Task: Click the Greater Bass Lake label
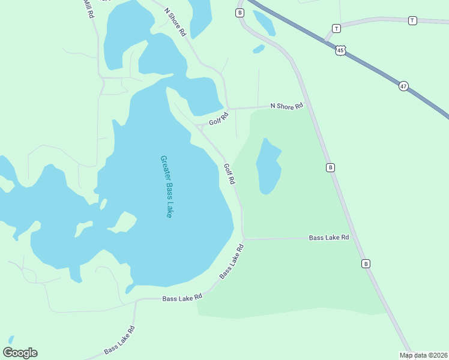166,187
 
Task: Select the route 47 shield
403,86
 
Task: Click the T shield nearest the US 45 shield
336,28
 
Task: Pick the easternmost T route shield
412,20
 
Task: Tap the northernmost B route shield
240,13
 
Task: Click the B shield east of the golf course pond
330,167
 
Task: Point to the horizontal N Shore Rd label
286,106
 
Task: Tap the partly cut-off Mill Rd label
88,8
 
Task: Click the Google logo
20,352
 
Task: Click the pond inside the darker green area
268,166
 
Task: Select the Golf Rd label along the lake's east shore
229,173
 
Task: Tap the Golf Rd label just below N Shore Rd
218,119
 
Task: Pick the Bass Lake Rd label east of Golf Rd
329,238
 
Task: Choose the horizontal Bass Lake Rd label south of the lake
182,298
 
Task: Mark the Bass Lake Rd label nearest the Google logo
119,340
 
